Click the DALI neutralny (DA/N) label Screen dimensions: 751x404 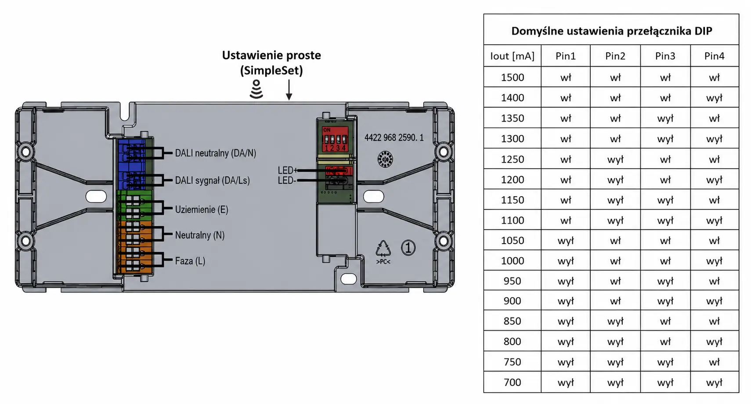(x=216, y=153)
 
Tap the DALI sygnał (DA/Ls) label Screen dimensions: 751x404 (x=212, y=180)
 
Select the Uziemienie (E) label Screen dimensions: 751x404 (x=202, y=209)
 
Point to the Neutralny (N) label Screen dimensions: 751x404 (x=200, y=235)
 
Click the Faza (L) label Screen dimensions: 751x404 (x=190, y=261)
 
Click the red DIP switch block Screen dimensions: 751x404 (x=335, y=139)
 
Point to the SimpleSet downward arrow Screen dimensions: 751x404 (x=289, y=90)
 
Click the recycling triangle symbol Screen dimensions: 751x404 (x=383, y=249)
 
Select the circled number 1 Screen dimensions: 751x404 (x=408, y=248)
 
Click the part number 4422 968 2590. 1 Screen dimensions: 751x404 (x=394, y=138)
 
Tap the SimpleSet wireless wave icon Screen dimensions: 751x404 (x=256, y=89)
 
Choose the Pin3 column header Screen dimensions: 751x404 (x=665, y=56)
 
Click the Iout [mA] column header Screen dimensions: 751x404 (x=512, y=56)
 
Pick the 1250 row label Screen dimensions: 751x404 (x=512, y=159)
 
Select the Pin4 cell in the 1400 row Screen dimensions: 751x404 (x=714, y=98)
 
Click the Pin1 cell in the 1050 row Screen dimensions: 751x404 (x=566, y=241)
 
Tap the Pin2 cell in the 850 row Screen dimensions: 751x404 (x=615, y=321)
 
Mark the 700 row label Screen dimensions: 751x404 (x=512, y=382)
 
